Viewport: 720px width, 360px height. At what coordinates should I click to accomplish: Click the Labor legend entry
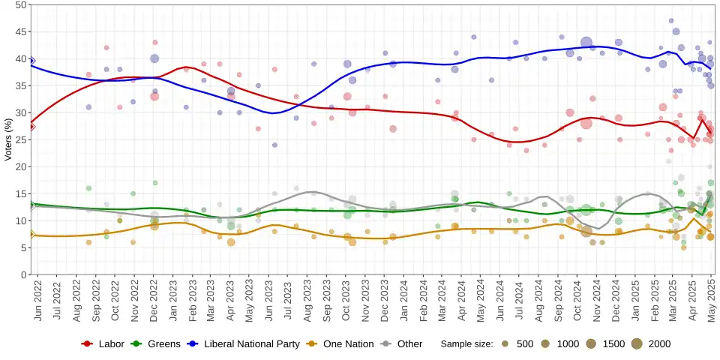[x=104, y=343]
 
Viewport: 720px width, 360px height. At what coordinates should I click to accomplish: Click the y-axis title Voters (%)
[x=9, y=139]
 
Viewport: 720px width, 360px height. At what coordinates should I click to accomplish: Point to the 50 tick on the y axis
[x=22, y=4]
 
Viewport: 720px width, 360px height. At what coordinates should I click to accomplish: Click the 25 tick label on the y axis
[x=22, y=139]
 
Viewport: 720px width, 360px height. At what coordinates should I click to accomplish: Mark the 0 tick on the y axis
[x=24, y=274]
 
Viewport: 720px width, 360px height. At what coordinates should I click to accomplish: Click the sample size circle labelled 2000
[x=637, y=343]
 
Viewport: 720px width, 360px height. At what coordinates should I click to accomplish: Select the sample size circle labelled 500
[x=505, y=343]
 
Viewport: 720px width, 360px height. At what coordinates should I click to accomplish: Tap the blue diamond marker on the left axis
[x=31, y=60]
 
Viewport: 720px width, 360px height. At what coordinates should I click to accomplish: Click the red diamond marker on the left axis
[x=31, y=126]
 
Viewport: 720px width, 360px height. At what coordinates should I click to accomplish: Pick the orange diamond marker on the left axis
[x=31, y=234]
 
